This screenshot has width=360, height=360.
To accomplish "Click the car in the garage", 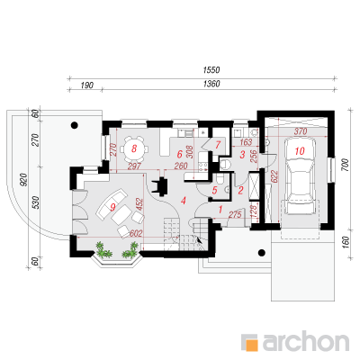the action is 300,176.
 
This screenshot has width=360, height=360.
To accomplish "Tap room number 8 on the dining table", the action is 134,148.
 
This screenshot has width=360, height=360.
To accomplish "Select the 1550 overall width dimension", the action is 211,70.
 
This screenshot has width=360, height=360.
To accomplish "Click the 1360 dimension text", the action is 211,84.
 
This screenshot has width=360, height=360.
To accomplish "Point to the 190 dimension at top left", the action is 87,85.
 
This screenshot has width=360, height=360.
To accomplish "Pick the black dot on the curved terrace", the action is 75,125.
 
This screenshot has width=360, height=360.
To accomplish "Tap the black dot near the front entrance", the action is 262,253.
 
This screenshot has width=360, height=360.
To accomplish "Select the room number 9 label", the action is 112,207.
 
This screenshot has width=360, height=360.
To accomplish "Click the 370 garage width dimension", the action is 301,131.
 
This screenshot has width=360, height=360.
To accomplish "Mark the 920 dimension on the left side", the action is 24,180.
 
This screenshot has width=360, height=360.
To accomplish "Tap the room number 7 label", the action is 218,145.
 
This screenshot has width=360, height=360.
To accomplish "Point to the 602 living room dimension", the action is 136,233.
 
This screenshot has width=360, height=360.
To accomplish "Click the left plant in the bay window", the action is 103,250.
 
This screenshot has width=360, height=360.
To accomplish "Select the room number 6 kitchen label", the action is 179,155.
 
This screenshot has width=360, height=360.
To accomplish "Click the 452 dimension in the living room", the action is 140,203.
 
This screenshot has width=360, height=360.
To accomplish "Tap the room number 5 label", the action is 214,190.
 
